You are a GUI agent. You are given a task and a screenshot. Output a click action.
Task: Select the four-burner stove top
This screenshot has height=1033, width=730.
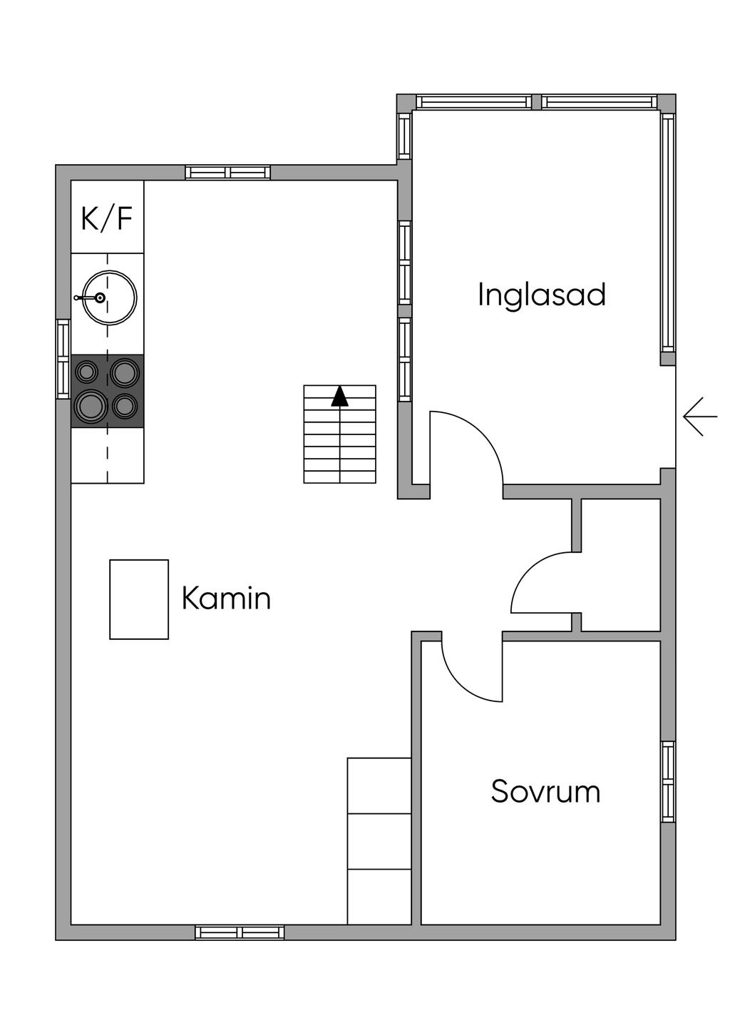coord(108,391)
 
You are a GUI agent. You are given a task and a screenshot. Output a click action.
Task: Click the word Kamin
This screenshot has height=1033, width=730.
coord(226,598)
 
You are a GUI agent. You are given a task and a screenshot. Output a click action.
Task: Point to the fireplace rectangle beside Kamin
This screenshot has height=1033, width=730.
coord(139,599)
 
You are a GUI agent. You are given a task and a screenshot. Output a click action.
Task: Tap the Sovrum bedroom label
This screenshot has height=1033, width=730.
coord(545,791)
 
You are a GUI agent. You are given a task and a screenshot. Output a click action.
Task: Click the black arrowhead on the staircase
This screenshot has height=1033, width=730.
coord(339,396)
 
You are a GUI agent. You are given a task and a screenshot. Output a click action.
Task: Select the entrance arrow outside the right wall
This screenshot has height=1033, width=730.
coord(700,417)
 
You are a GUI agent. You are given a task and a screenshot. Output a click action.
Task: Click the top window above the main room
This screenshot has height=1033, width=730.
coord(227,173)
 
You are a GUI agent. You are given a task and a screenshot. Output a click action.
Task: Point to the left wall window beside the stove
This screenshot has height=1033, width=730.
coord(63,359)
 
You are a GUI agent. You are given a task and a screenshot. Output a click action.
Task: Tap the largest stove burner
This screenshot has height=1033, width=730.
coord(91,406)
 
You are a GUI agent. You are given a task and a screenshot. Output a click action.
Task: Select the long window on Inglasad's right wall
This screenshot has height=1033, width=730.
coord(668,232)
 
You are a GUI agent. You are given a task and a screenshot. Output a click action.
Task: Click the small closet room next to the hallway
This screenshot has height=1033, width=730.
coord(620,566)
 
